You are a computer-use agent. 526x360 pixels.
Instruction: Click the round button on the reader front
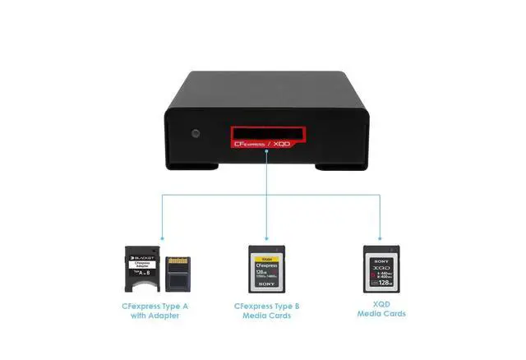coord(196,133)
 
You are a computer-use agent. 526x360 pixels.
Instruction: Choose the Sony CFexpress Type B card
coord(267,270)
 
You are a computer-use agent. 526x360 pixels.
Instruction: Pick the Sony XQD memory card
coord(384,269)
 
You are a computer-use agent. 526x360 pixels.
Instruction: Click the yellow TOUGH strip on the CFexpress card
coord(267,254)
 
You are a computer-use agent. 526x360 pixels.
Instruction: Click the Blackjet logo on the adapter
coord(144,255)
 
